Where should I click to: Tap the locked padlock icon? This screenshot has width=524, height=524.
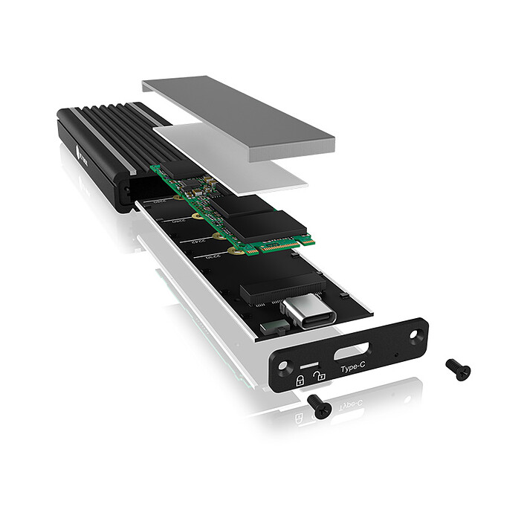click(300, 380)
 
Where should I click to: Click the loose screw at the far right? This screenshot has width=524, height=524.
click(458, 369)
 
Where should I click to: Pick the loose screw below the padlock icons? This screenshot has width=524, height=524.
click(318, 405)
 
